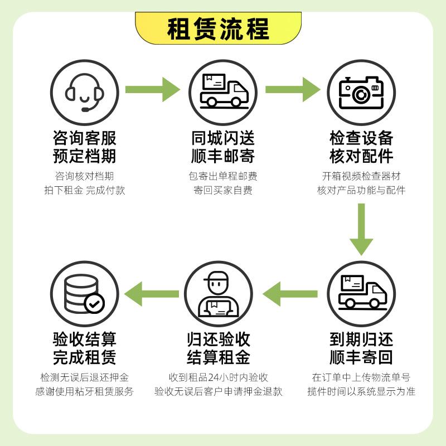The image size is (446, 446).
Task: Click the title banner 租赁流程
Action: point(219,28)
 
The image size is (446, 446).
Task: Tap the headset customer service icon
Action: point(85,93)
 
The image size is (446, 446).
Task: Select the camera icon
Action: point(361,93)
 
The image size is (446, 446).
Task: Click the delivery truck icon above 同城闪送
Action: point(223,93)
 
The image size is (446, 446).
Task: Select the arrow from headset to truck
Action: point(153,89)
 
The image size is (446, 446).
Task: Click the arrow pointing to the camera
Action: point(292,89)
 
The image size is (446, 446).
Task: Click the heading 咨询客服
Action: point(85,138)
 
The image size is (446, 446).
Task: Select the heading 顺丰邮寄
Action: point(223,156)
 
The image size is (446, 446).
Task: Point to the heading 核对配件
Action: point(361,156)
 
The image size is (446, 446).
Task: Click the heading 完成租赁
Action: point(85,357)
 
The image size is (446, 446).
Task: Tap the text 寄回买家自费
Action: point(223,190)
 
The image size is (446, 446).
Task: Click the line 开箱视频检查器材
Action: point(361,176)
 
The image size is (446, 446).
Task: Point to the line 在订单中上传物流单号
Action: point(361,377)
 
